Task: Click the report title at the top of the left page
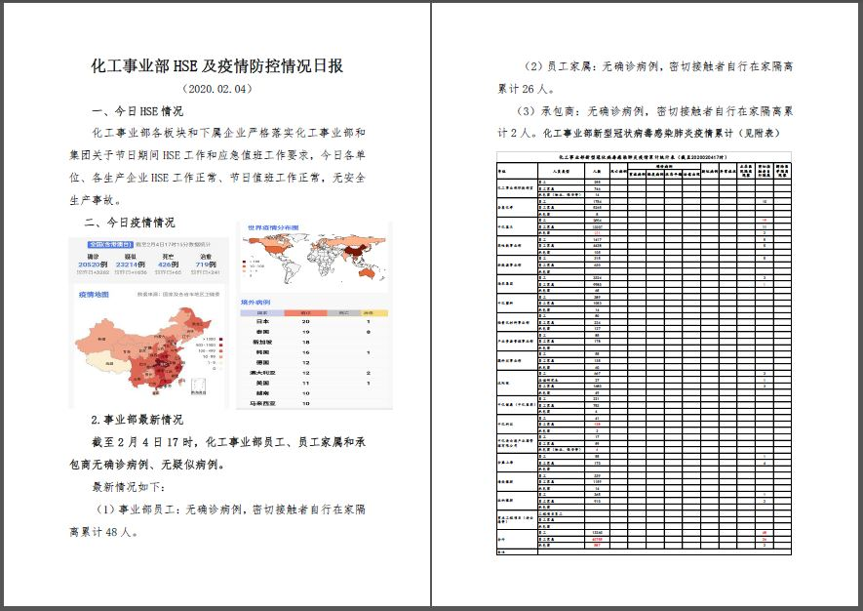tap(216, 66)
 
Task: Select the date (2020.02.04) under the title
tap(216, 89)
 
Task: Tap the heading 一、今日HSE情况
tap(137, 110)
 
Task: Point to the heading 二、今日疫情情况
tap(129, 222)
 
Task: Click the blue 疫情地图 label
tap(95, 294)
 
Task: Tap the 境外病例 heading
tap(256, 303)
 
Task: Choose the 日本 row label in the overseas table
tap(261, 321)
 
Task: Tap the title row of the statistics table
tap(644, 156)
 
